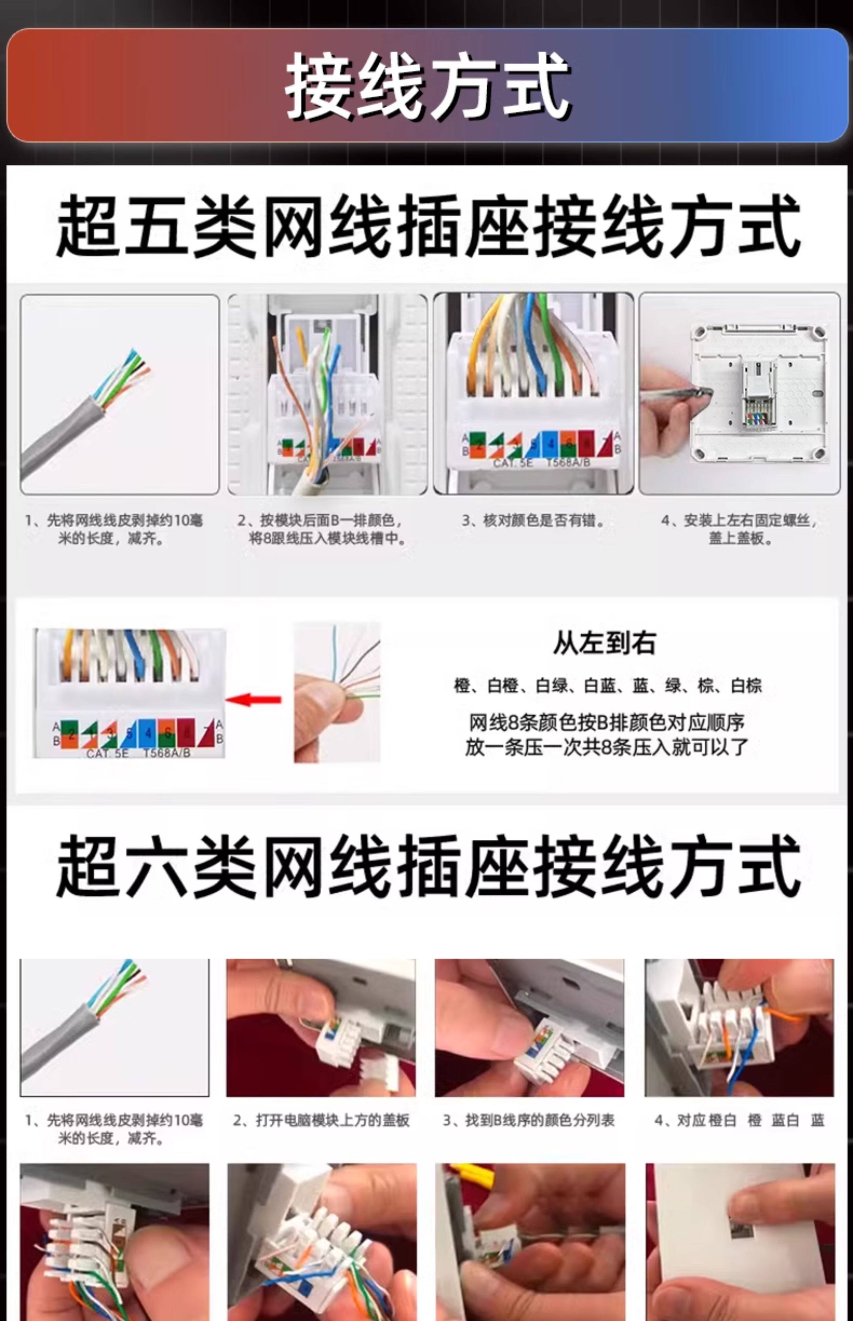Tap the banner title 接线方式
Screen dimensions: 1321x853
(x=426, y=86)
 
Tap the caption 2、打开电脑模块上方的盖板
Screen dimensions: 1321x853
(x=321, y=1120)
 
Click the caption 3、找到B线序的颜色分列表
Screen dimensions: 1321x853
(x=529, y=1120)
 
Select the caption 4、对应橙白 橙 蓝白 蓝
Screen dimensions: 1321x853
(x=739, y=1120)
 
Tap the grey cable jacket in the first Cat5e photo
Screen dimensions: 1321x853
(x=61, y=438)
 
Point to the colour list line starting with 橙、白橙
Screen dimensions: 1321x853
(x=608, y=686)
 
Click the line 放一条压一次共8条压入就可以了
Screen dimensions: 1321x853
(x=606, y=747)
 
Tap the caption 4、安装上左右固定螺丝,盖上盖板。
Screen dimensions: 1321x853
(x=739, y=529)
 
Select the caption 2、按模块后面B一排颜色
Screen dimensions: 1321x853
(x=324, y=529)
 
